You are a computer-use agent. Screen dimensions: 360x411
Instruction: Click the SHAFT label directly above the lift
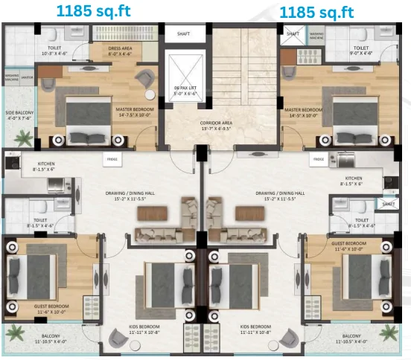pos(183,33)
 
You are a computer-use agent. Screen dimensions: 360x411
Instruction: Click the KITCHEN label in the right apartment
pos(353,179)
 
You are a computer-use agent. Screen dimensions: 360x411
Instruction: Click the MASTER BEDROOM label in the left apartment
pos(133,109)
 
